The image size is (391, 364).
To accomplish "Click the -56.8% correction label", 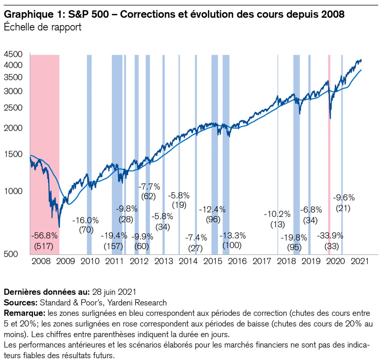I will pos(45,236).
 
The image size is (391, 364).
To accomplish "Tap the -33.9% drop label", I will pos(330,236).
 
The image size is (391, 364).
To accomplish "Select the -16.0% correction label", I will pos(86,221).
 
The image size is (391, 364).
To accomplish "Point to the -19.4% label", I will pos(114,236).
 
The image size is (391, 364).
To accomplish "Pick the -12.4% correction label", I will pos(212,210).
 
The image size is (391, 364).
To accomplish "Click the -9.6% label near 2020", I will pos(344,198).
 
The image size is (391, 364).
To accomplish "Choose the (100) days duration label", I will pos(232,245).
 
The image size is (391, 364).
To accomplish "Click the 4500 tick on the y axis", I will pos(13,54).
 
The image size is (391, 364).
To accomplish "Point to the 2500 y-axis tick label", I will pos(13,108).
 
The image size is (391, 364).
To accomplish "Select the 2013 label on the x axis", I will pos(163,261).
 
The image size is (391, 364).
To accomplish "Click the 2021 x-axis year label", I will pos(360,261).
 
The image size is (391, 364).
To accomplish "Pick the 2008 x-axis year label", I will pos(41,261).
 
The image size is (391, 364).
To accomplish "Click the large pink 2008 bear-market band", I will pos(45,121).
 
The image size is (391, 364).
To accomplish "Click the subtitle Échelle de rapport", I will pos(42,27).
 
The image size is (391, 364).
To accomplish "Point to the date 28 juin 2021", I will pos(114,292).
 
